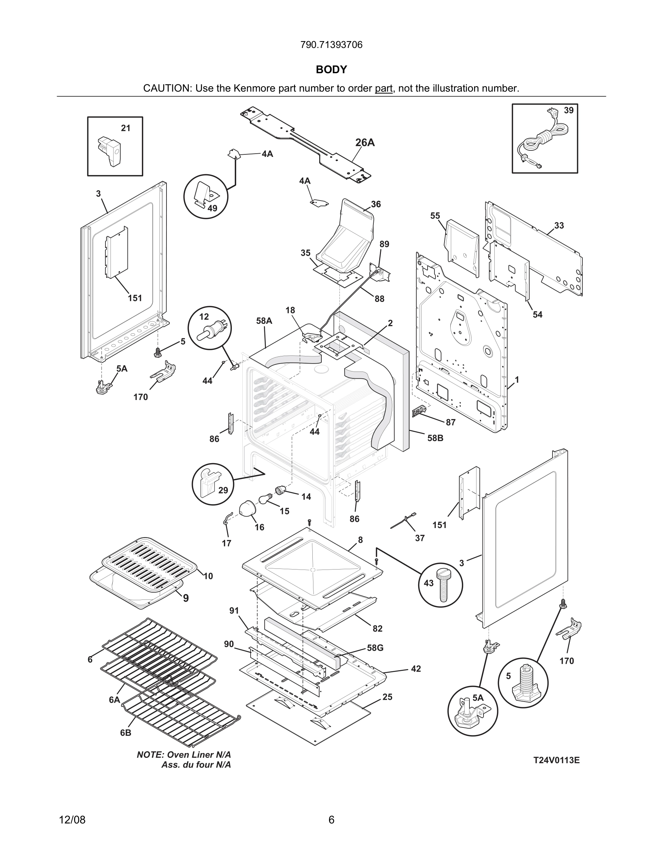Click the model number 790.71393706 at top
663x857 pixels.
tap(331, 45)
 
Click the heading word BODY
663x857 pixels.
tap(331, 70)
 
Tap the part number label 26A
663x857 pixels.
tap(365, 143)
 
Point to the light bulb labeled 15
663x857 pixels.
tap(265, 500)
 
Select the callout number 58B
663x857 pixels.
tap(435, 438)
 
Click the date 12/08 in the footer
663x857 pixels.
tap(72, 820)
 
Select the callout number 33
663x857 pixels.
tap(559, 226)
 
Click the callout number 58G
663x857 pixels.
tap(375, 648)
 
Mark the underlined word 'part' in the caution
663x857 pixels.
tap(383, 88)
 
